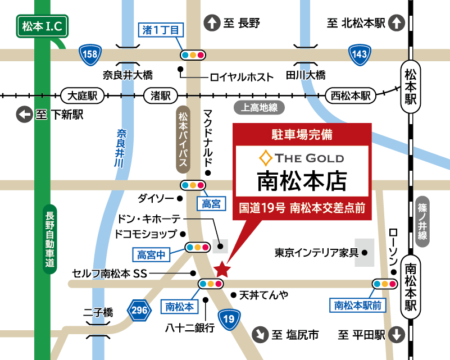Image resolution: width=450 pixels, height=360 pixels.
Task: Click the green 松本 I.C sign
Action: (x=42, y=26)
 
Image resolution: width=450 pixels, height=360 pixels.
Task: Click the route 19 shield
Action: (x=228, y=320)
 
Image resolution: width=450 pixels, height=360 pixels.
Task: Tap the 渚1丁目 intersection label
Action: (x=161, y=30)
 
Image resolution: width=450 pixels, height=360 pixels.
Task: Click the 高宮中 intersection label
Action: (x=151, y=255)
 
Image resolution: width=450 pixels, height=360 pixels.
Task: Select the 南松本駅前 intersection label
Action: (x=358, y=305)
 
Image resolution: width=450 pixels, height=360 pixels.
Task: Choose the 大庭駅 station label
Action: (x=83, y=95)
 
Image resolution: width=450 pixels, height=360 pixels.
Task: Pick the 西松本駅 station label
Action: (x=351, y=95)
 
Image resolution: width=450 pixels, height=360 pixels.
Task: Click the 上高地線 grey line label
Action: (x=260, y=107)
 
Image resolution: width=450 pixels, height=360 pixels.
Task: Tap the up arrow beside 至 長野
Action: (x=212, y=23)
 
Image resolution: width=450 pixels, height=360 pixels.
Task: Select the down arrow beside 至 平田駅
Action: (x=397, y=335)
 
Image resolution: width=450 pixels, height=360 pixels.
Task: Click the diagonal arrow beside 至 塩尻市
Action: (x=260, y=335)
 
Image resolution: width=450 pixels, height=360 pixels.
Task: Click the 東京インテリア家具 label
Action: (x=316, y=253)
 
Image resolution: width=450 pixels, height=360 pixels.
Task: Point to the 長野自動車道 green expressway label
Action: (x=50, y=236)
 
